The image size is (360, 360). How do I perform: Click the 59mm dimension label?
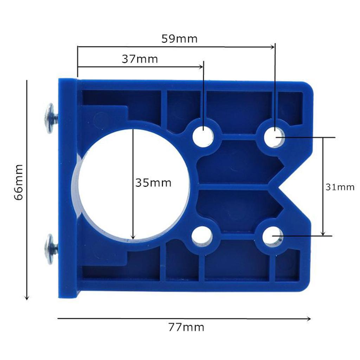click(x=179, y=38)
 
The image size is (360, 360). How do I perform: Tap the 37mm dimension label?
click(x=140, y=59)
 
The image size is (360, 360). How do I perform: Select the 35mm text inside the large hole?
click(x=153, y=183)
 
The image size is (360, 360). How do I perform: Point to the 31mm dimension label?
click(x=340, y=187)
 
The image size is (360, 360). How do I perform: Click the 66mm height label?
click(x=19, y=181)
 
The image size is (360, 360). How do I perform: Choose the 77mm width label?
click(x=186, y=327)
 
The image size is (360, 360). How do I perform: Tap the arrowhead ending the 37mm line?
click(x=201, y=66)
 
